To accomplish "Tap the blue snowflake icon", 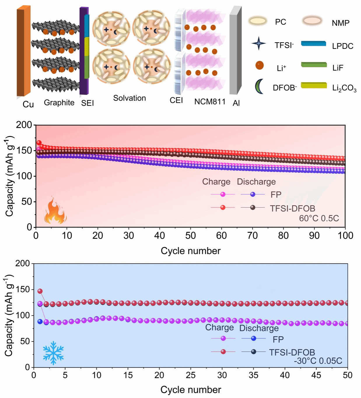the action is pos(53,353).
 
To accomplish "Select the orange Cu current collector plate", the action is pos(24,51).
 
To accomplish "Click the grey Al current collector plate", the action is pos(236,50).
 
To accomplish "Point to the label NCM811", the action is pos(210,102).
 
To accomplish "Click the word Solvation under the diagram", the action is pos(129,98).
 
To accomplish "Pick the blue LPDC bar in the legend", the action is pos(313,43).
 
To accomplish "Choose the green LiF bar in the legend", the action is pos(314,65).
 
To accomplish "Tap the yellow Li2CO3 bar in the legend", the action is pos(314,85).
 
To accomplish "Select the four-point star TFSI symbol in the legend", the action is pos(259,43).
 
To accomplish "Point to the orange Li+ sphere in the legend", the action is pos(260,65).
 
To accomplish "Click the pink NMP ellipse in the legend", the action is pos(312,21).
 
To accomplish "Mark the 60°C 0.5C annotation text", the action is pos(319,218).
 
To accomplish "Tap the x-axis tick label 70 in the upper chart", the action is pos(253,236).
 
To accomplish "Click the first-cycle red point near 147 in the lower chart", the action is pos(40,291).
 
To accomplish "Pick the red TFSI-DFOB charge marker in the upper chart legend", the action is pos(223,207).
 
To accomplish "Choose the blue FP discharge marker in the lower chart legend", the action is pos(254,338).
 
